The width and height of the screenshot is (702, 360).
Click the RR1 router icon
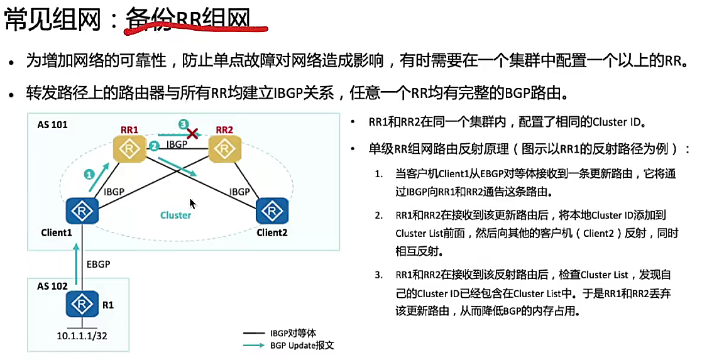[129, 150]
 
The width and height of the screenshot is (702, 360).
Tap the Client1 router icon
[81, 211]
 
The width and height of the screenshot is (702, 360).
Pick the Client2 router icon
[272, 211]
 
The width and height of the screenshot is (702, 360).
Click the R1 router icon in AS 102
[81, 305]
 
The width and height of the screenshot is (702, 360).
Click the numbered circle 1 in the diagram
[89, 174]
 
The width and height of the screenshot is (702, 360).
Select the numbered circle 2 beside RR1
[153, 147]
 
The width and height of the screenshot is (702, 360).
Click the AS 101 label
[52, 124]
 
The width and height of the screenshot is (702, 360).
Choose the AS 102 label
[52, 286]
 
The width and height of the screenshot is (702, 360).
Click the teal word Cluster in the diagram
[175, 215]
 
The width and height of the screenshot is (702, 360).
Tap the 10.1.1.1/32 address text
[82, 337]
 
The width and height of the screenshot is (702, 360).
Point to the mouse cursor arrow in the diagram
[192, 204]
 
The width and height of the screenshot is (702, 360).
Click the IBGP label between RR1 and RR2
[177, 145]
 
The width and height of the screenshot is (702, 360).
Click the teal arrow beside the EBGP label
[77, 264]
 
